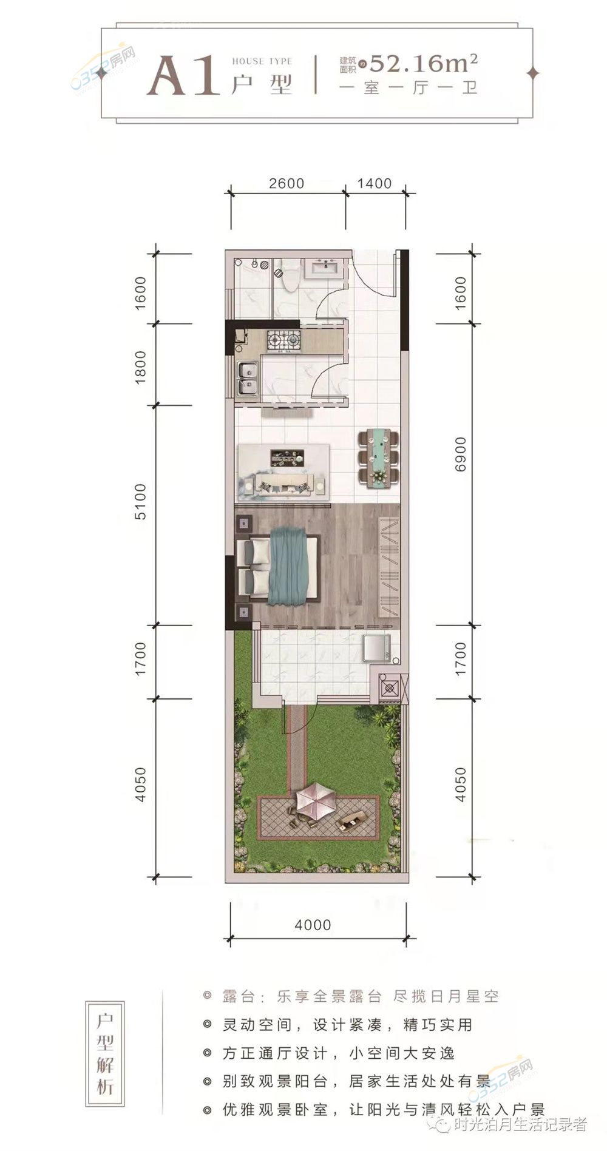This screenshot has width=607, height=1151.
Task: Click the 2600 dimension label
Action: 286,183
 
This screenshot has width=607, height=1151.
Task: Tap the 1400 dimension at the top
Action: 374,183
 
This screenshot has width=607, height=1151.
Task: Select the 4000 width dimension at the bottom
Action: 313,925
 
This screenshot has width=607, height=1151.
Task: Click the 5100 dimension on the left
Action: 140,501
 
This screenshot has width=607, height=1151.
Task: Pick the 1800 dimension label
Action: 140,366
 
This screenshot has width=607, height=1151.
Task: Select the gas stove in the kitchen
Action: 283,341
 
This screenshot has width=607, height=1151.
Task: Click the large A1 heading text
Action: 183,76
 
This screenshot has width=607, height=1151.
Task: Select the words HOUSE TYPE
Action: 262,61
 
